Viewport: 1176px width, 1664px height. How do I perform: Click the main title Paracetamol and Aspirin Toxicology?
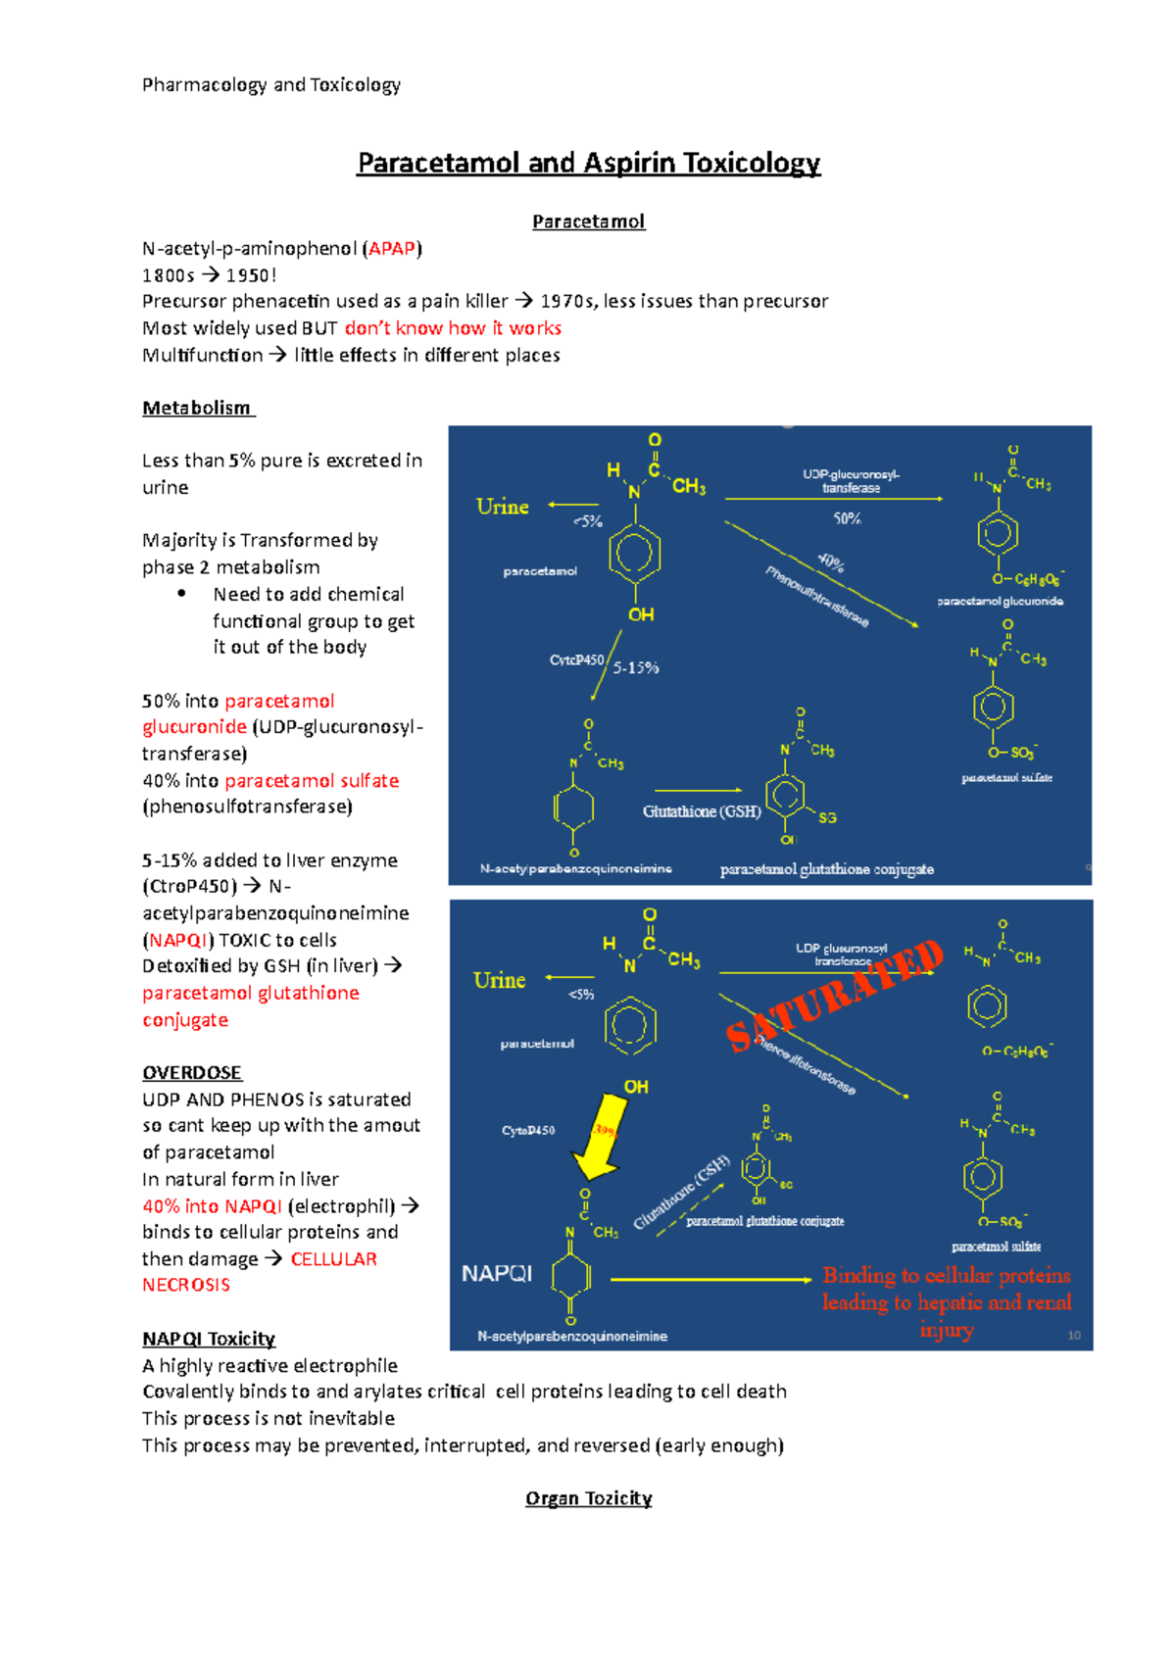(x=588, y=163)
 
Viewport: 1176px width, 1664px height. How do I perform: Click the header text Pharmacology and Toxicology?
(x=271, y=85)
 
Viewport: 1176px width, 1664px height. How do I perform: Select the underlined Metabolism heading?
(x=197, y=408)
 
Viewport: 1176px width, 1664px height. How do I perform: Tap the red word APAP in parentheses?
(x=392, y=249)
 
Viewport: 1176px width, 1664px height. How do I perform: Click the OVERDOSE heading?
(x=192, y=1072)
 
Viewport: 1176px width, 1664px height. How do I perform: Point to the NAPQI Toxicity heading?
(x=209, y=1339)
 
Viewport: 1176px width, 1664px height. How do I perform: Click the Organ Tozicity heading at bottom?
(x=588, y=1498)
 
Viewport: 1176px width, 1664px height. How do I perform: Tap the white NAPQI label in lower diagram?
(x=497, y=1273)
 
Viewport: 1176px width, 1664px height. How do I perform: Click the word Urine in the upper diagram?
(x=502, y=507)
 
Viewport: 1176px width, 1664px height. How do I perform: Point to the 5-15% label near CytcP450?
(x=636, y=668)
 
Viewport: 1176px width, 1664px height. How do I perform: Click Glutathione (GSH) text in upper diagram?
(x=702, y=811)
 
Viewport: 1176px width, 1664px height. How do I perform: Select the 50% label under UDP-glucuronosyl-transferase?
(x=847, y=518)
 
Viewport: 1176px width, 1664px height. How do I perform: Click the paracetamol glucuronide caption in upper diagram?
(x=1000, y=601)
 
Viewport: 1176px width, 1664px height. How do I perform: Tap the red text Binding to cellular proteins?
(x=946, y=1276)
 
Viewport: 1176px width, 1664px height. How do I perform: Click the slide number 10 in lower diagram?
(x=1074, y=1336)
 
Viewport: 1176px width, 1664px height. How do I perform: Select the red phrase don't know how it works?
(x=453, y=328)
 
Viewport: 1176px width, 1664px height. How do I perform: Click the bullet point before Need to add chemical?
(x=181, y=594)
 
